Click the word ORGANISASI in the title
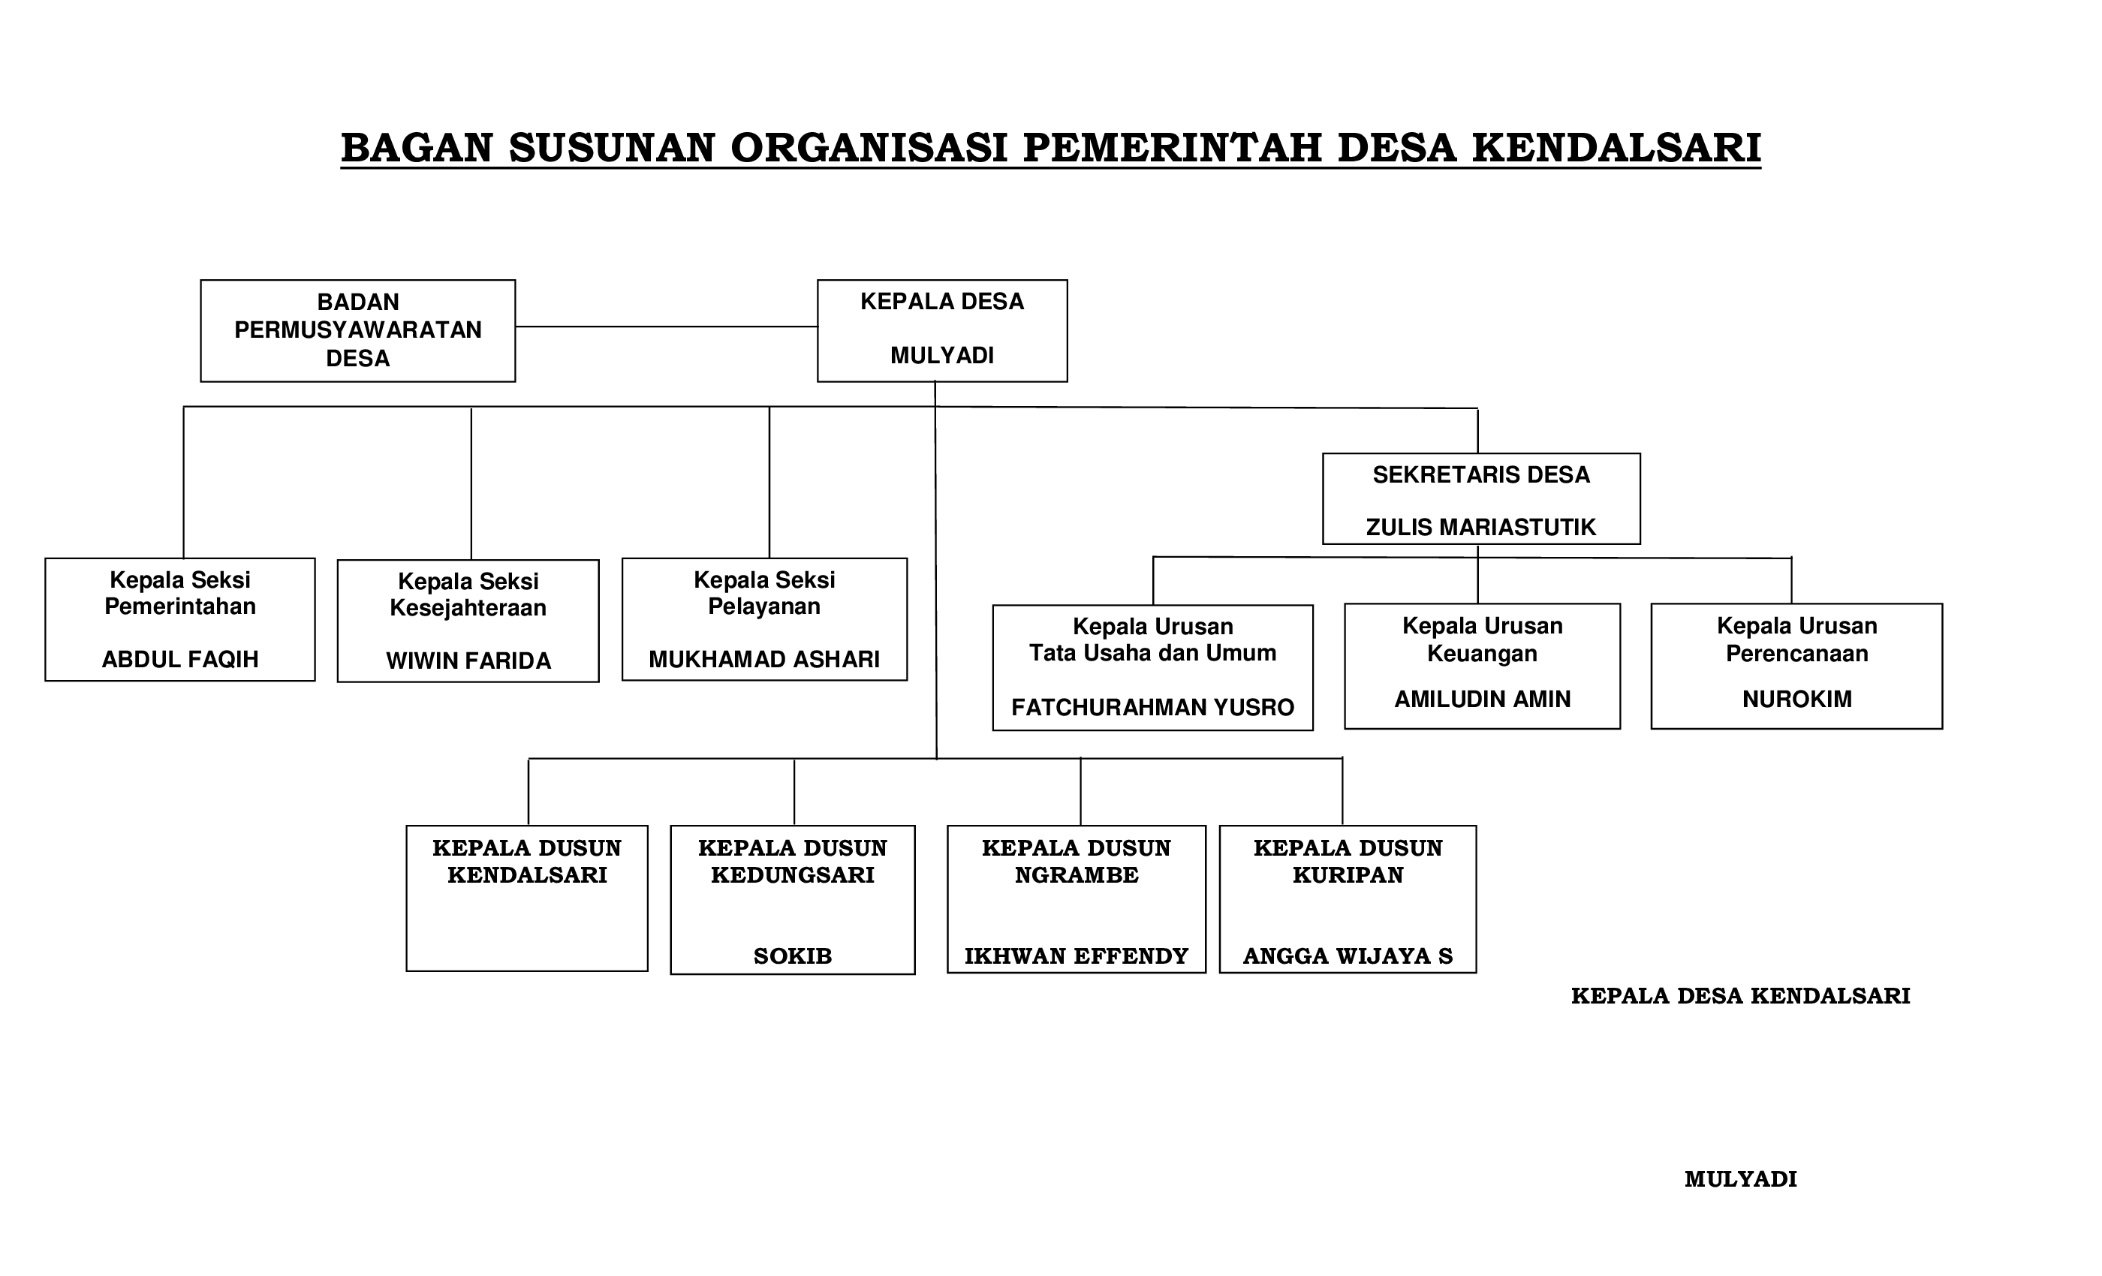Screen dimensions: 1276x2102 pyautogui.click(x=869, y=148)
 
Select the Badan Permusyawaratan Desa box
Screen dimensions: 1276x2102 pyautogui.click(x=357, y=330)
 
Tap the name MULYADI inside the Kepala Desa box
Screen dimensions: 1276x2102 pyautogui.click(x=942, y=356)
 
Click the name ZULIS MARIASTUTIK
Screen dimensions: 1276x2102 pyautogui.click(x=1480, y=527)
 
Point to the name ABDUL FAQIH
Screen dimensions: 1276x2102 pyautogui.click(x=180, y=659)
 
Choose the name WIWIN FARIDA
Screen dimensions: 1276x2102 pyautogui.click(x=468, y=661)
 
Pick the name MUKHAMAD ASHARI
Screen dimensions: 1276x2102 pyautogui.click(x=764, y=659)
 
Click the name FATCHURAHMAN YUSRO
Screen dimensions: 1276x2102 pyautogui.click(x=1152, y=707)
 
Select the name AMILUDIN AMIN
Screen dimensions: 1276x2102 pyautogui.click(x=1482, y=700)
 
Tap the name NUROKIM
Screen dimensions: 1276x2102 pyautogui.click(x=1796, y=700)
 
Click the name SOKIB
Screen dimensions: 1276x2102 pyautogui.click(x=793, y=956)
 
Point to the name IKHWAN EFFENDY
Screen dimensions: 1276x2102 pyautogui.click(x=1077, y=956)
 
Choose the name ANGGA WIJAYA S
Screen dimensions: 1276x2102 pyautogui.click(x=1348, y=956)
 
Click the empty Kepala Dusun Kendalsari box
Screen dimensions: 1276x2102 pyautogui.click(x=527, y=925)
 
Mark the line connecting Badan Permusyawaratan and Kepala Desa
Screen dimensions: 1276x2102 pyautogui.click(x=665, y=327)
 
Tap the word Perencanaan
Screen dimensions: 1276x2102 pyautogui.click(x=1796, y=655)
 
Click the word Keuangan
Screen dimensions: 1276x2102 pyautogui.click(x=1482, y=655)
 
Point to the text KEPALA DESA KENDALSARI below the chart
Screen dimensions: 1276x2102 pyautogui.click(x=1740, y=996)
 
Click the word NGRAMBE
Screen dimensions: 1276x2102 pyautogui.click(x=1077, y=875)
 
